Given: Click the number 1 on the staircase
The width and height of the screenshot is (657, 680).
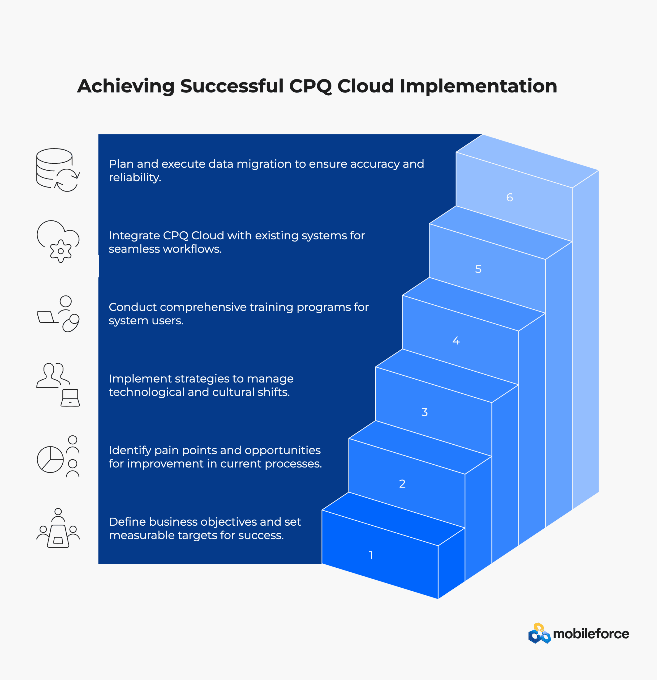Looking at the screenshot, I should coord(371,555).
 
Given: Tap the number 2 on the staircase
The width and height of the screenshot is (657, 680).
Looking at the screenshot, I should coord(402,484).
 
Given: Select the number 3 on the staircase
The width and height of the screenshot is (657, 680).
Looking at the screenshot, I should coord(424,412).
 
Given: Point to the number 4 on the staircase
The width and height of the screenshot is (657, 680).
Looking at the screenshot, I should coord(456,341).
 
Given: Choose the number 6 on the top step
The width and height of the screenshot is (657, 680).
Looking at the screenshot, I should coord(509,197).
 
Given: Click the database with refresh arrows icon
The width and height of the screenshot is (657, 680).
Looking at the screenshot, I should coord(58,170).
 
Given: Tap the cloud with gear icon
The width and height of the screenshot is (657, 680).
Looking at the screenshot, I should coord(58,241).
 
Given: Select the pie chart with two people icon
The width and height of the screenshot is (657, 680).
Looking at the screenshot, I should coord(58,457).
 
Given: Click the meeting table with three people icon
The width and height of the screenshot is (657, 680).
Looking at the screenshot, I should coord(58,528).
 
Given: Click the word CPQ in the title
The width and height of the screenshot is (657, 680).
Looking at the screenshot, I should coord(310,86).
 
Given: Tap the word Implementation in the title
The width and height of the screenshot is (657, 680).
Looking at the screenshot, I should coord(478,86).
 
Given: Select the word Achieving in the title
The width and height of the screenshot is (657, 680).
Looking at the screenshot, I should coord(126,86).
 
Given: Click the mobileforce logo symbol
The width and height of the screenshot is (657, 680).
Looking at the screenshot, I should coord(539,634).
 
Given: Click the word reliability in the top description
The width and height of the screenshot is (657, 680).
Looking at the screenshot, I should coord(135,178).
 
